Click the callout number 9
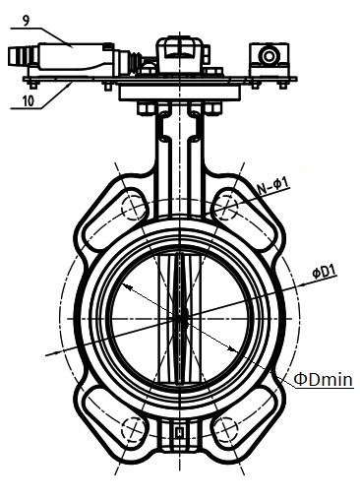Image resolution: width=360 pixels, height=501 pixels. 26,21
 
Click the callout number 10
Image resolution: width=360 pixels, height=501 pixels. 29,100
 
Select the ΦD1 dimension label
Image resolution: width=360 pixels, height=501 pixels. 324,272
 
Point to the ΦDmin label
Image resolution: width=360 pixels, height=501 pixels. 324,380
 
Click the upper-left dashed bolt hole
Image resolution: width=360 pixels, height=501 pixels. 133,208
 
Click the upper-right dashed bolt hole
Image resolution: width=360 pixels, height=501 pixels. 226,208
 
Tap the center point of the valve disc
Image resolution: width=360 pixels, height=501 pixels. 180,318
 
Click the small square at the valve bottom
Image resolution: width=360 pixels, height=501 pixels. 179,432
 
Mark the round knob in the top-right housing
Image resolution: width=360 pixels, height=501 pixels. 269,56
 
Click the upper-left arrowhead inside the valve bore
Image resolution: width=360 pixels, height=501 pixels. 127,287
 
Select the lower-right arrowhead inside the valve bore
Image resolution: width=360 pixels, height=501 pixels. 231,348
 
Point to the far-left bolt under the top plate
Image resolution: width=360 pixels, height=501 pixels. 32,84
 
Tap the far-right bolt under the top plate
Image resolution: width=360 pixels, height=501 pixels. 282,84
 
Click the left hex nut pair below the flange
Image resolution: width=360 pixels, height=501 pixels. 147,108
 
